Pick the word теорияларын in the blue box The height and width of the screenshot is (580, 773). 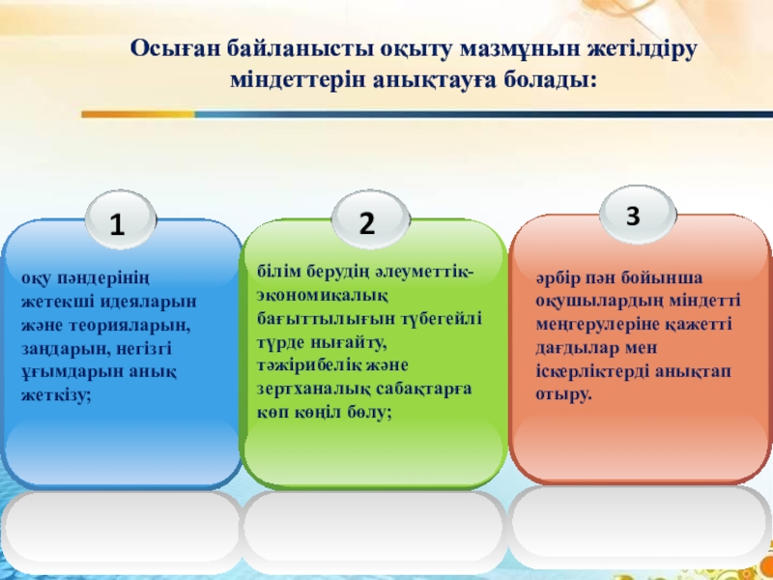point(129,326)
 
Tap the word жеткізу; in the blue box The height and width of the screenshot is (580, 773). point(56,395)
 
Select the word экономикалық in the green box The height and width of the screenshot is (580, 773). point(323,296)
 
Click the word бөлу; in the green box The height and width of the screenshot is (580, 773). point(372,413)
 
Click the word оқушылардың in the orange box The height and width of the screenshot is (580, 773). point(599,302)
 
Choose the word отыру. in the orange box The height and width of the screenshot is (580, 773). point(563,395)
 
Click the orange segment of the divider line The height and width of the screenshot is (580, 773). point(138,114)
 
